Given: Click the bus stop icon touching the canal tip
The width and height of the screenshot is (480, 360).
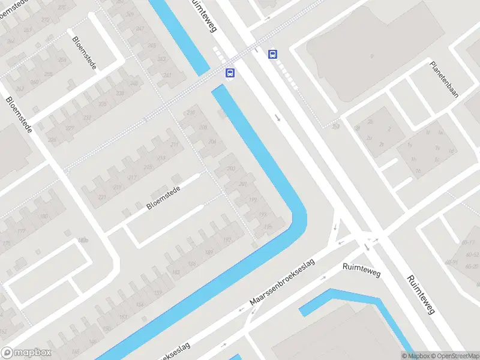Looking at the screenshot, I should click(230, 73).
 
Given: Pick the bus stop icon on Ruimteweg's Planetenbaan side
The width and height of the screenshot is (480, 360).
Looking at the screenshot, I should click(273, 54).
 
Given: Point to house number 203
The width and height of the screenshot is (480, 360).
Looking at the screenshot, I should click(231, 169).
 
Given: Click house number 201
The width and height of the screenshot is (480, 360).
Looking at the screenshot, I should click(242, 184).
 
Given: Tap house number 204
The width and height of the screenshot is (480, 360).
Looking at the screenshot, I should click(212, 142).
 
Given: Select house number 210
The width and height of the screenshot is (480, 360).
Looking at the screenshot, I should click(191, 113).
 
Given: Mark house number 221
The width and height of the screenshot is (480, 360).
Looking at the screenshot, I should click(101, 197).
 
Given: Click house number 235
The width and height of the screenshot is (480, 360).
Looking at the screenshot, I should click(102, 104).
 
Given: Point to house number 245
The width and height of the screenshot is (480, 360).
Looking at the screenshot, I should click(151, 46).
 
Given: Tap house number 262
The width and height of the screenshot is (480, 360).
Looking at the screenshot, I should click(19, 89).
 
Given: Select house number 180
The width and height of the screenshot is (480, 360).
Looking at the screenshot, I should click(43, 217).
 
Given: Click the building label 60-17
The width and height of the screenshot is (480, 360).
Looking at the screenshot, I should click(469, 242).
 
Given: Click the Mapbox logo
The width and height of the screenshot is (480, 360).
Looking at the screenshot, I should click(26, 353).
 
